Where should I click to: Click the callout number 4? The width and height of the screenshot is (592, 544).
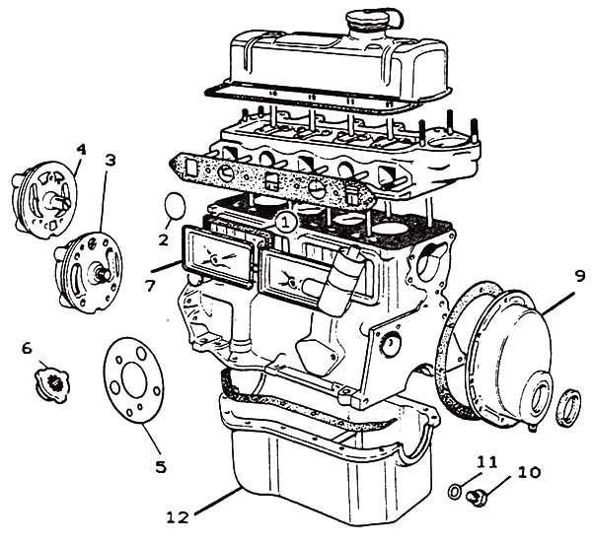click(x=81, y=150)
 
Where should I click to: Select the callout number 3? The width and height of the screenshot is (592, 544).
click(x=110, y=160)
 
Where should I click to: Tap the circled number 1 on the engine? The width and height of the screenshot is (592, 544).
click(x=284, y=223)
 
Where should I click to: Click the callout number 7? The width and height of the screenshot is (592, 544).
click(x=150, y=287)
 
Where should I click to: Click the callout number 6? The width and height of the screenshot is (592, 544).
click(x=27, y=347)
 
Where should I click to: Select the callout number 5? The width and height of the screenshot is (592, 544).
click(x=160, y=466)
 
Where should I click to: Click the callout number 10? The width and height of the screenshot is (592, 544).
click(x=529, y=473)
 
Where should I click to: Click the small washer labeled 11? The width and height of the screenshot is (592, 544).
click(x=455, y=490)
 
